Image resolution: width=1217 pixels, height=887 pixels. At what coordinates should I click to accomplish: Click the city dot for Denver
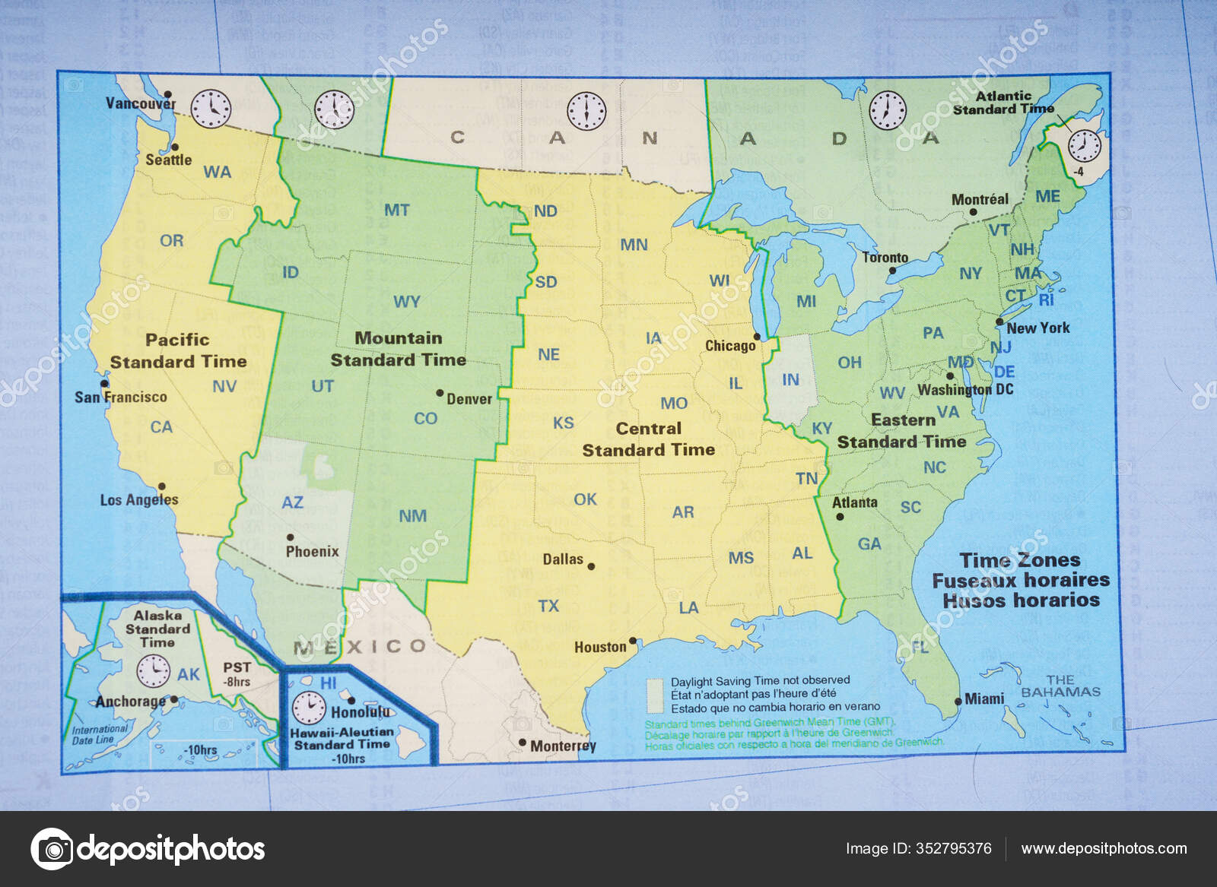[x=440, y=393]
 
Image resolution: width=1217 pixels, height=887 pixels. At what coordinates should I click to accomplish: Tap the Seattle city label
[x=168, y=160]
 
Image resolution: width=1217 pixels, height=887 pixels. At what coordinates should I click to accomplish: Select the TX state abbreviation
[x=548, y=606]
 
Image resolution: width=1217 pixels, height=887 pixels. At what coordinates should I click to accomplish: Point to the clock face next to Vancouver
[x=210, y=109]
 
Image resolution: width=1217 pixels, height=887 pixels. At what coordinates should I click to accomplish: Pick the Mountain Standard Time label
[x=398, y=349]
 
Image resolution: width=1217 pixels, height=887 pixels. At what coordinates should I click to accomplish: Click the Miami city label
[x=984, y=699]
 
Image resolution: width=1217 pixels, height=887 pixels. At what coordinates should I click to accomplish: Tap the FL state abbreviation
[x=920, y=648]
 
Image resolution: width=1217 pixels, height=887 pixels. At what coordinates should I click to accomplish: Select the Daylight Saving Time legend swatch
[x=654, y=693]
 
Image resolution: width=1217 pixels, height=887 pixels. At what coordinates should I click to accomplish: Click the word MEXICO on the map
[x=361, y=647]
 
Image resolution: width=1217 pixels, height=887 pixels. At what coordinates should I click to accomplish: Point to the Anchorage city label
[x=130, y=702]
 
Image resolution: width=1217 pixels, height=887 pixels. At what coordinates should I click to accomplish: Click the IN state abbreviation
[x=790, y=379]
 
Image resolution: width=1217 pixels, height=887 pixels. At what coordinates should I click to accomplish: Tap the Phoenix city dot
[x=290, y=537]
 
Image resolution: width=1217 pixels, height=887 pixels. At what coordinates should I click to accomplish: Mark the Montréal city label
[x=980, y=199]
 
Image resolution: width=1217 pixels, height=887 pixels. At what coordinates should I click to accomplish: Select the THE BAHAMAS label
[x=1060, y=686]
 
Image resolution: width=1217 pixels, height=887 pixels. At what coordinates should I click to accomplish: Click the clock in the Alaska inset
[x=153, y=670]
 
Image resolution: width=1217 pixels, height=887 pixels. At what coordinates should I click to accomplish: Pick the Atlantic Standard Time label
[x=1003, y=103]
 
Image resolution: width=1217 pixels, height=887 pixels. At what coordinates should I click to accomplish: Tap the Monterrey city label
[x=563, y=746]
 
